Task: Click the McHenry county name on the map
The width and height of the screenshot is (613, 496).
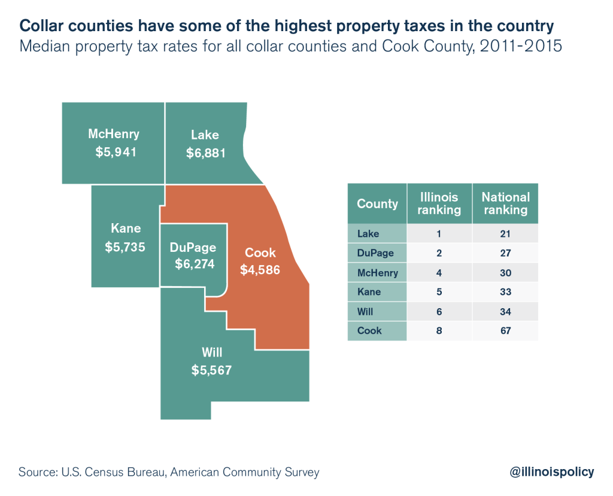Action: (113, 133)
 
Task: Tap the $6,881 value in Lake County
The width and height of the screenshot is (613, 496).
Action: (205, 153)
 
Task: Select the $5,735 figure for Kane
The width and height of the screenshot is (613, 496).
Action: (125, 246)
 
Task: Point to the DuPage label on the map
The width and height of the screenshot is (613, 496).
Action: (192, 247)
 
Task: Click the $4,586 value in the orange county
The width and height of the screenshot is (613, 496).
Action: (260, 270)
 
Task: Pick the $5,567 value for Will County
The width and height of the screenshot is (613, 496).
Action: (211, 370)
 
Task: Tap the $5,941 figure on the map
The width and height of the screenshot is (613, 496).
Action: (116, 152)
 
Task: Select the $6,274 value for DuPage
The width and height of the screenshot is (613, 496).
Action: (195, 264)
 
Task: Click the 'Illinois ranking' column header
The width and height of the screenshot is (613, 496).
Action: (439, 203)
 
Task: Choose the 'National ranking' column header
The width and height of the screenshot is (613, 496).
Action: (505, 203)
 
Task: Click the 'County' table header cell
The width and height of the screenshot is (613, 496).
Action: (377, 203)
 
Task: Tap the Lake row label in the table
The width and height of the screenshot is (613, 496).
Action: (368, 233)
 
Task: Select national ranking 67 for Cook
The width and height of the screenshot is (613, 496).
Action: (505, 330)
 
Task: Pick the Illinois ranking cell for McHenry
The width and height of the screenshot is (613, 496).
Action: (439, 272)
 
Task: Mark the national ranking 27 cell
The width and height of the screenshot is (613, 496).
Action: (505, 252)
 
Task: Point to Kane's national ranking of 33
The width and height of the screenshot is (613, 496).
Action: (505, 291)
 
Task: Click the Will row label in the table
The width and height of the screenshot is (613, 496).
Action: (365, 311)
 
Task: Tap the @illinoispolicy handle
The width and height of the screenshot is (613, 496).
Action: (551, 472)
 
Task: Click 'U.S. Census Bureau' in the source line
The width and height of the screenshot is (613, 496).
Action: (112, 472)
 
